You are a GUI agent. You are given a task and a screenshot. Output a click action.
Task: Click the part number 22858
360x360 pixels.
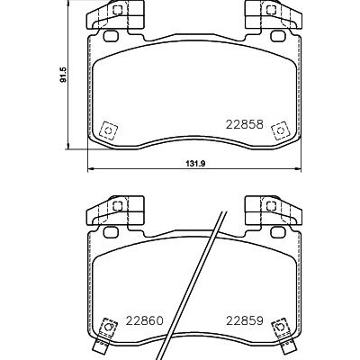(x=245, y=124)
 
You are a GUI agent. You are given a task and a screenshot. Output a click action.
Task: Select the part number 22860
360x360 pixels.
(x=145, y=320)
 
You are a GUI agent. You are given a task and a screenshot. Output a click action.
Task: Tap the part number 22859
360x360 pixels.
(x=245, y=320)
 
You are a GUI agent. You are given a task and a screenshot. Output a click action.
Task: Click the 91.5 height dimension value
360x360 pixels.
(x=63, y=75)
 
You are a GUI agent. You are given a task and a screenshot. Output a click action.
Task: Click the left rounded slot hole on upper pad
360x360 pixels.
(x=111, y=36)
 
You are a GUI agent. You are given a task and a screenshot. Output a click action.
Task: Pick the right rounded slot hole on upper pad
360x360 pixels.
(x=278, y=36)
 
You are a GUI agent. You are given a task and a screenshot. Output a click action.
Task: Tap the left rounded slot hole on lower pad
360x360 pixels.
(x=111, y=232)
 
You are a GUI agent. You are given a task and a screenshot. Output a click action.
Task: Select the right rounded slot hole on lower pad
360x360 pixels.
(x=278, y=232)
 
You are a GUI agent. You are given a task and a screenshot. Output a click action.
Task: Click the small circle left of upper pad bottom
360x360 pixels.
(x=109, y=130)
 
